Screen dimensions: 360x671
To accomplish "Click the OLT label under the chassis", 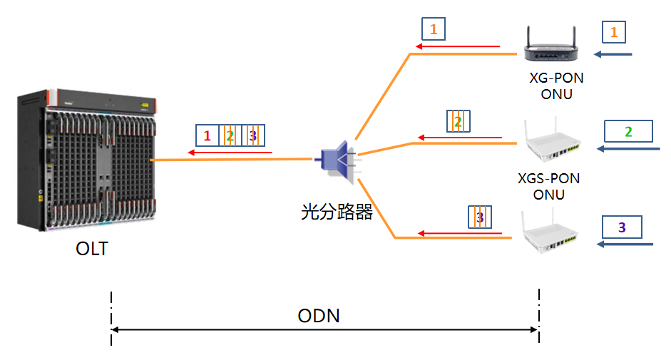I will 93,250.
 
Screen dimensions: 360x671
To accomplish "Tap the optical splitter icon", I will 336,160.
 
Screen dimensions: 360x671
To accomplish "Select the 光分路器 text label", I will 337,212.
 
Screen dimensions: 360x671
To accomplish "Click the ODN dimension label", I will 318,315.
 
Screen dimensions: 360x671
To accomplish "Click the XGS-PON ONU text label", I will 548,186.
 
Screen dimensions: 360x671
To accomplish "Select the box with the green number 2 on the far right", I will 628,131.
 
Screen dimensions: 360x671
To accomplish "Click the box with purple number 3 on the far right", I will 622,227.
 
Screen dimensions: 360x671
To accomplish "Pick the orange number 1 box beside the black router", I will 614,31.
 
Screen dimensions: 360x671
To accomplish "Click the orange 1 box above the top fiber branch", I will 434,29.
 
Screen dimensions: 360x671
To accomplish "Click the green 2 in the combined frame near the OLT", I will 230,135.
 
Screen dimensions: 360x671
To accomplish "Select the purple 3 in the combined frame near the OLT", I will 252,135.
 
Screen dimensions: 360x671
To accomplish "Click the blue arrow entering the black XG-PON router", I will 614,55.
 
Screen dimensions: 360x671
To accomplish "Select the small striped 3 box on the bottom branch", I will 480,217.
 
